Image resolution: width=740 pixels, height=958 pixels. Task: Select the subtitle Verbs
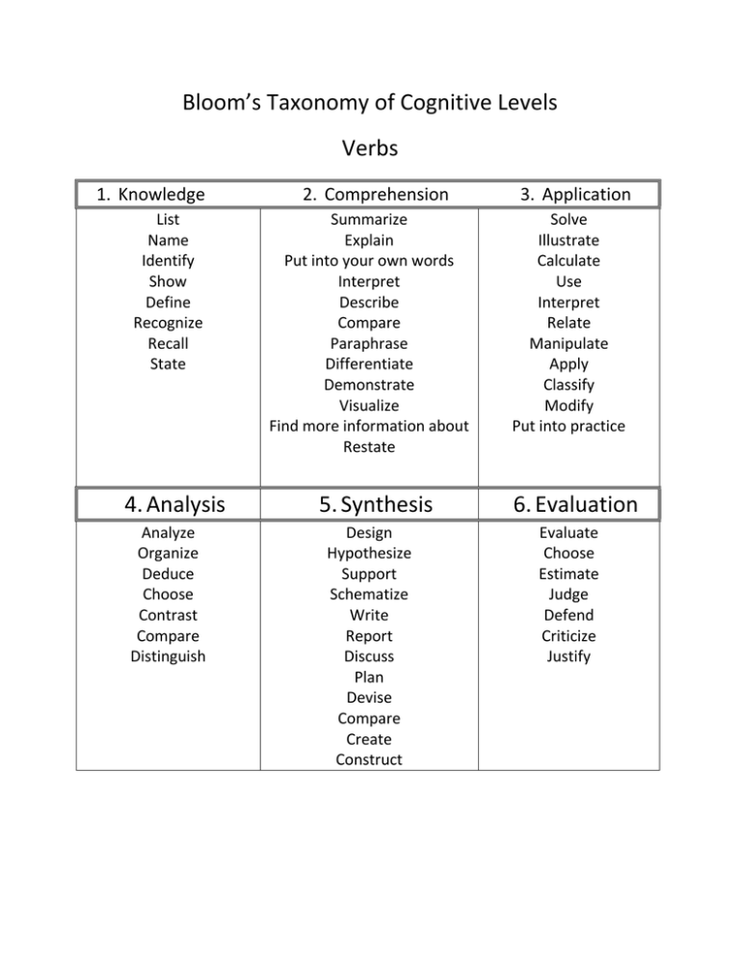pos(369,149)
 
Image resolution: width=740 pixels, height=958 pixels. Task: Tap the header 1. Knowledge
pos(150,195)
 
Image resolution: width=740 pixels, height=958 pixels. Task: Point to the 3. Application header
pos(575,195)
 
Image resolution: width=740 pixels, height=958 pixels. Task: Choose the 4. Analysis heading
pos(168,504)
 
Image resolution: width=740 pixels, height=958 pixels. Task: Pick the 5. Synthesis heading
pos(369,504)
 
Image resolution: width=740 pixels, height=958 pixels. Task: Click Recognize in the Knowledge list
pos(168,323)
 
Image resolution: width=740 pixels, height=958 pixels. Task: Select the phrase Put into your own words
pos(369,260)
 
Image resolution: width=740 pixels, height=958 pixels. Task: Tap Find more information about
pos(369,426)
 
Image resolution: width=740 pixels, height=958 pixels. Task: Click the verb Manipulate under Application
pos(568,343)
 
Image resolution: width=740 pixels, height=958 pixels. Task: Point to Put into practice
pos(568,426)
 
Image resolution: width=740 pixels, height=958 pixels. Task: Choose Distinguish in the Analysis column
pos(168,656)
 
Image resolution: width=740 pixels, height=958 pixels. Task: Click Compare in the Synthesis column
pos(369,718)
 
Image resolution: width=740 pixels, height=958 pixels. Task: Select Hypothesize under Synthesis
pos(369,553)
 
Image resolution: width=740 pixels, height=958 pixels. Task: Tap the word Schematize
pos(369,595)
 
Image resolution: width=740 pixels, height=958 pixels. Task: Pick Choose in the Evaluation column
pos(568,553)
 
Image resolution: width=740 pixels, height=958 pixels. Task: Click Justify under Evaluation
pos(568,656)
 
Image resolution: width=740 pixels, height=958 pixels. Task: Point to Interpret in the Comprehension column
pos(369,281)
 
